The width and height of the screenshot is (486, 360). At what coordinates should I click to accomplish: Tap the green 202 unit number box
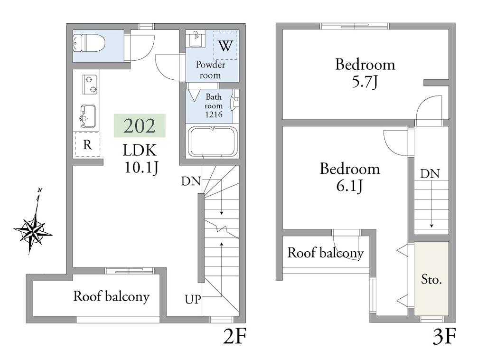(x=140, y=125)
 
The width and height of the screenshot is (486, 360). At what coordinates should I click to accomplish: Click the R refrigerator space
(x=87, y=144)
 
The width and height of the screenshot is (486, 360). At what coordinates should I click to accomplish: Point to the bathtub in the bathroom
(x=213, y=142)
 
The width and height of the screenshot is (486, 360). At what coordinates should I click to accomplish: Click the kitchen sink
(x=88, y=116)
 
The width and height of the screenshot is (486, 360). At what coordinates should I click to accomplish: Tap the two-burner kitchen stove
(x=90, y=85)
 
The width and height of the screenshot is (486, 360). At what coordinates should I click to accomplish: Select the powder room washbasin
(x=196, y=38)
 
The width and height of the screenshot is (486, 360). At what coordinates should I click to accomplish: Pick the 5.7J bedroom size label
(x=365, y=82)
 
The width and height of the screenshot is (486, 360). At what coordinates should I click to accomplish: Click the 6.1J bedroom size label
(x=349, y=186)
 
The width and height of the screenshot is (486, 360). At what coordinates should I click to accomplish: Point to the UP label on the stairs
(x=193, y=299)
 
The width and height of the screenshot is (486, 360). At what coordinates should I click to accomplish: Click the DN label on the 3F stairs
(x=430, y=174)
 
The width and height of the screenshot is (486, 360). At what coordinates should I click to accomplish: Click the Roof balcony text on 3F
(x=326, y=253)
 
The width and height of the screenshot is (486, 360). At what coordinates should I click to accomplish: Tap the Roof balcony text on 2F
(x=111, y=296)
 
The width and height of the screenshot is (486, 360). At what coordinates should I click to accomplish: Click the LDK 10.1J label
(x=140, y=159)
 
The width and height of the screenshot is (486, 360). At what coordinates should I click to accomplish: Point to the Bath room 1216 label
(x=214, y=106)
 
